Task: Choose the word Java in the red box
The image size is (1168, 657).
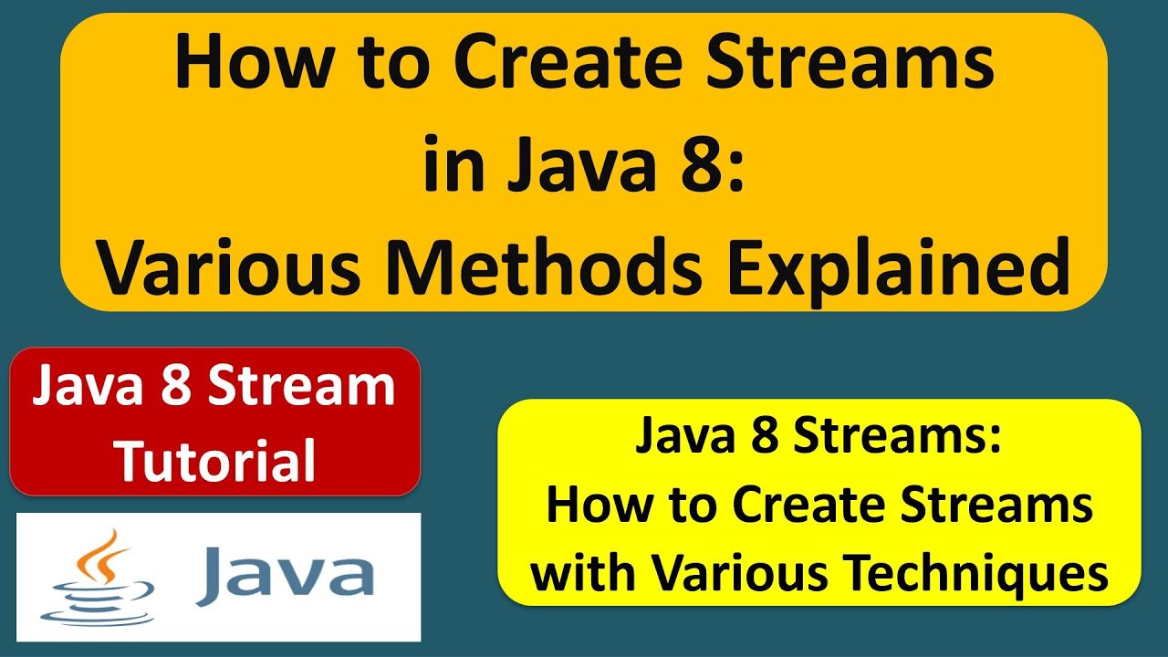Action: (x=88, y=387)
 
